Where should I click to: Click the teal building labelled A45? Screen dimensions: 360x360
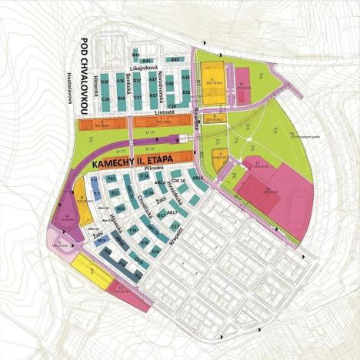[x=175, y=59]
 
